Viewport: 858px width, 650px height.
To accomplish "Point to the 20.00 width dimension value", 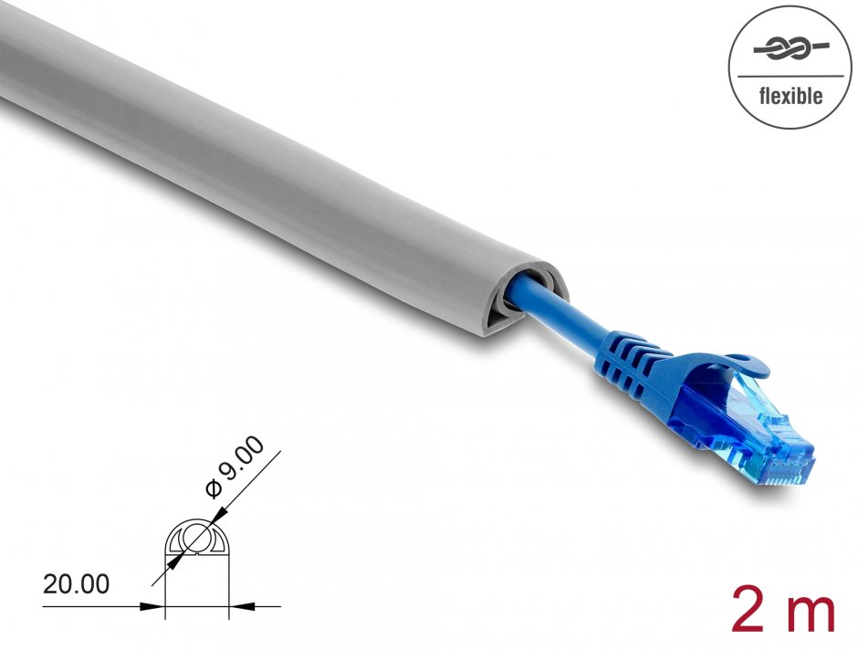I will (x=76, y=583).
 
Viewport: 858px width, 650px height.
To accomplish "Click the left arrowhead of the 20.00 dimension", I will (x=156, y=604).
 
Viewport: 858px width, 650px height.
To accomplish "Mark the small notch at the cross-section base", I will (x=195, y=575).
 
